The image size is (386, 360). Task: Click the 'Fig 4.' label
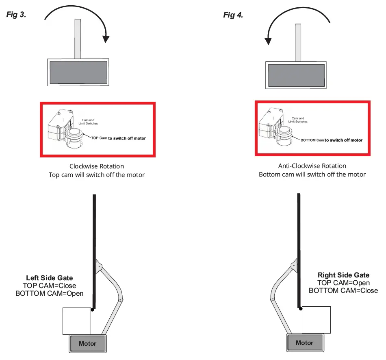click(x=233, y=15)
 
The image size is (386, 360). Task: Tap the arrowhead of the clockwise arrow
click(x=106, y=39)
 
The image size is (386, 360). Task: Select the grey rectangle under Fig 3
click(x=78, y=72)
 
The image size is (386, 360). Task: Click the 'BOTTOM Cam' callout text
click(x=312, y=140)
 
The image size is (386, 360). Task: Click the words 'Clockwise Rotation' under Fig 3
click(x=97, y=166)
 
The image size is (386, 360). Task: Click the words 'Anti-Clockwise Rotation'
click(x=312, y=166)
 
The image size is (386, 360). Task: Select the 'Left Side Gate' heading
click(x=50, y=278)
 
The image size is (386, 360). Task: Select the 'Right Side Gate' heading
click(x=343, y=275)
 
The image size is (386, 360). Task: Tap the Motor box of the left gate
click(x=88, y=344)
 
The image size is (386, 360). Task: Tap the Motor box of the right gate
click(x=305, y=343)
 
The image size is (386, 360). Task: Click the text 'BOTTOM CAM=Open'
click(x=49, y=293)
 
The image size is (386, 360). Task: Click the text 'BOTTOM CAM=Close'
click(x=343, y=290)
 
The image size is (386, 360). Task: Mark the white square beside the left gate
click(x=76, y=321)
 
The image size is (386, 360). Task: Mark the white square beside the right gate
click(x=316, y=320)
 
